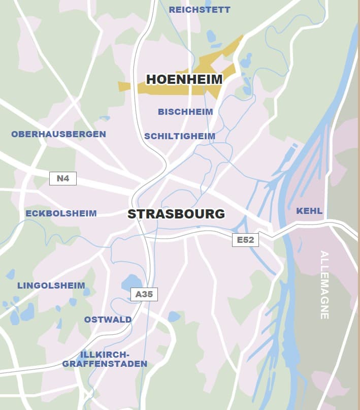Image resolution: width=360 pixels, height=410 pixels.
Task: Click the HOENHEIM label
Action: [x=184, y=79]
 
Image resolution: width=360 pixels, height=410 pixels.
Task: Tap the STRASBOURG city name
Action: [x=176, y=214]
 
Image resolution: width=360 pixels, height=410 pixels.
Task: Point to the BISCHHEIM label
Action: [x=185, y=112]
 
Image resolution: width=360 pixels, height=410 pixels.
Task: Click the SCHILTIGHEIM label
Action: [x=180, y=136]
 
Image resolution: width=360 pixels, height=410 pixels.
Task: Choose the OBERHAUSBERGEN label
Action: [x=59, y=134]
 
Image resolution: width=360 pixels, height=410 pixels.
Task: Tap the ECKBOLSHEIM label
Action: [x=61, y=213]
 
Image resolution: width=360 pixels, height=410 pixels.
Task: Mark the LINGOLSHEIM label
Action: [x=51, y=286]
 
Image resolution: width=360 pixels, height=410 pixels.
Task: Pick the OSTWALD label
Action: [x=108, y=320]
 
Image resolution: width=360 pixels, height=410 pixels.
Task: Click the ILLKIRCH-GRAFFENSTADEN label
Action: [x=105, y=359]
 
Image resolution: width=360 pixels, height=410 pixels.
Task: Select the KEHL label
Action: [x=309, y=210]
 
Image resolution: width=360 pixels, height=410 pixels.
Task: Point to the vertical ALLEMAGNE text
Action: [x=324, y=285]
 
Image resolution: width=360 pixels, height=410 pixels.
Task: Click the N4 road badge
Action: [x=63, y=178]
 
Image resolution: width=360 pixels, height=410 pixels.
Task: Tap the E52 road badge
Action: [x=245, y=240]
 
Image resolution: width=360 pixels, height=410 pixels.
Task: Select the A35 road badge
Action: [x=144, y=294]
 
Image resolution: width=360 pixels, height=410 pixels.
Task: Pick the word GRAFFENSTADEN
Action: [x=105, y=364]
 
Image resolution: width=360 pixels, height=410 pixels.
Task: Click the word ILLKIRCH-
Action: [x=105, y=354]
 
